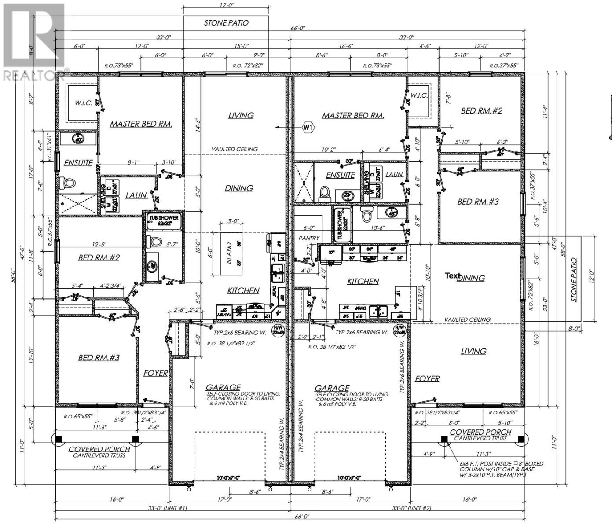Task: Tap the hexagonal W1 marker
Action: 308,128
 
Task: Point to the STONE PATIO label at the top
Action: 226,23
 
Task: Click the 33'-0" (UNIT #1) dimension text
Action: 167,508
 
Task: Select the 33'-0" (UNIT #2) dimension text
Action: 411,508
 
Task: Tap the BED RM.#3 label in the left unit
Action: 99,358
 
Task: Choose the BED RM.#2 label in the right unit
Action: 481,111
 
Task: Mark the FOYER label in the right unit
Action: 427,378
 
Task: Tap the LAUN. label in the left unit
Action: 136,195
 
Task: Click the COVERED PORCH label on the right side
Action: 480,432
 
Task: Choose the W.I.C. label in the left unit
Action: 83,103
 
